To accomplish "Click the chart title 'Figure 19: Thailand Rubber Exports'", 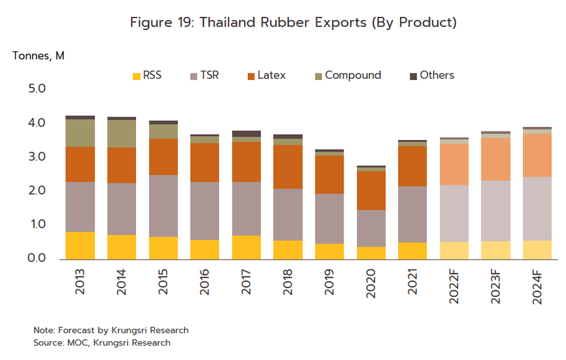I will click(293, 22).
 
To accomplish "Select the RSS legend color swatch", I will click(136, 76).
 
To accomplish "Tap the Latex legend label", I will click(271, 76).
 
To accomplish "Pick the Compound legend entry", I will click(353, 76).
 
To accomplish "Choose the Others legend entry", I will click(437, 76).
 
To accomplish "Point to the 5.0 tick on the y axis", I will click(36, 89).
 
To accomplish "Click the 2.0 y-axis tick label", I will click(36, 191).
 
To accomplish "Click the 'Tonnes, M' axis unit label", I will click(38, 55).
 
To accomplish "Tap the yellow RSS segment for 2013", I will click(81, 245).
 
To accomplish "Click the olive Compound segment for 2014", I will click(122, 133).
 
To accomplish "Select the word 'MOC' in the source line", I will click(75, 342).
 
